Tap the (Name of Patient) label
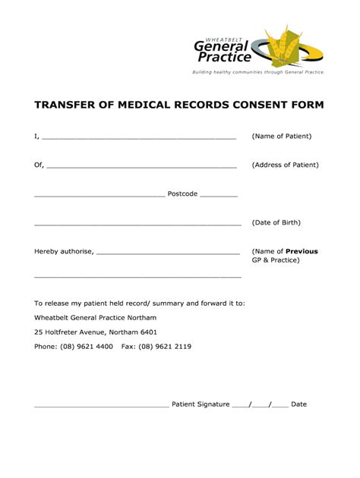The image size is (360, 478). (281, 137)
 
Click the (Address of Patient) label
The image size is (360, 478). (285, 165)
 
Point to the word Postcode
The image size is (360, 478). (182, 193)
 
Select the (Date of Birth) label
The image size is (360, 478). (276, 222)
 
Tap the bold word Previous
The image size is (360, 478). (302, 251)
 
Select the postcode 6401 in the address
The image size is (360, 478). (148, 332)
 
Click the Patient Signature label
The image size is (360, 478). (201, 404)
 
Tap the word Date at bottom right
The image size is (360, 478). (298, 404)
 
